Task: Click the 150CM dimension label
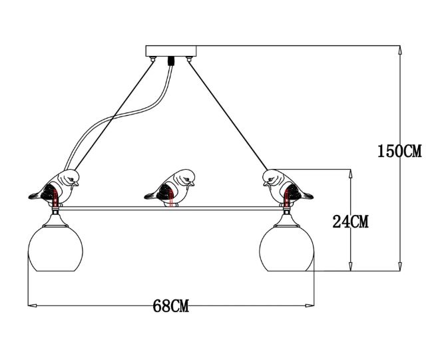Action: point(399,151)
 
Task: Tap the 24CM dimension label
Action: point(351,222)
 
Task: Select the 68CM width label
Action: point(171,306)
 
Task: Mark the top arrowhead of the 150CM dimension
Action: point(399,50)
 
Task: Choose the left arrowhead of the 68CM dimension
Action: point(31,306)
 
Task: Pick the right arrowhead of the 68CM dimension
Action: point(312,306)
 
